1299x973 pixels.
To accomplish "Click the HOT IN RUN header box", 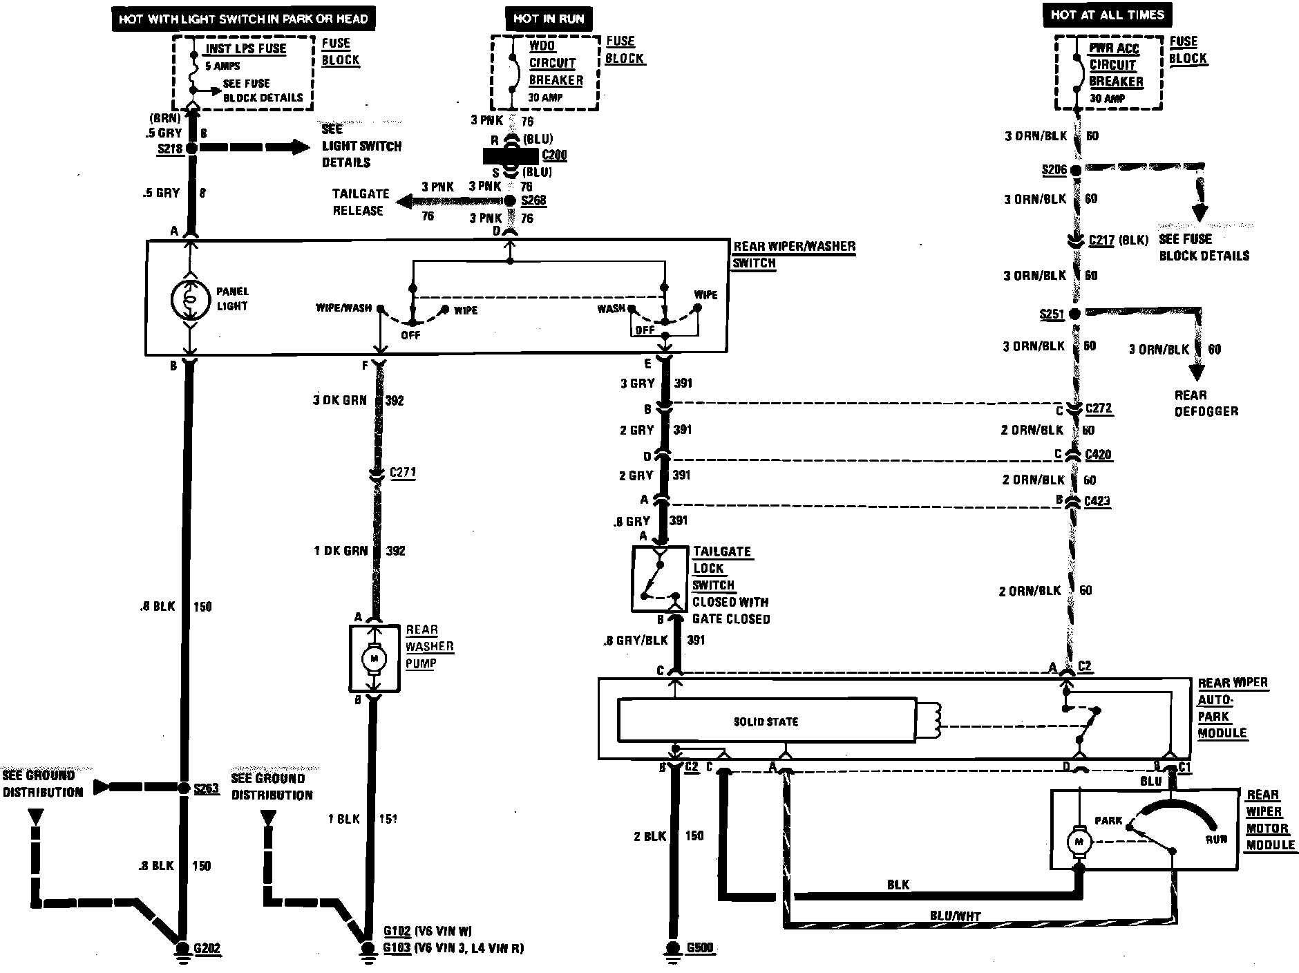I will (x=549, y=19).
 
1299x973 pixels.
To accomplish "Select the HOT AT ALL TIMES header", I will (x=1107, y=15).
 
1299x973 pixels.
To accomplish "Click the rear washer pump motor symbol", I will (x=375, y=658).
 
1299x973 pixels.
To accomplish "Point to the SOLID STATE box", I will (x=766, y=721).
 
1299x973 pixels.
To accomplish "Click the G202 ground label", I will (x=207, y=948).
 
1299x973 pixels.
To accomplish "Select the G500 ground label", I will (x=700, y=947).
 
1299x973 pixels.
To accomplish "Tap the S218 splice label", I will (x=169, y=149).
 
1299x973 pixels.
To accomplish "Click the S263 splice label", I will (x=206, y=788).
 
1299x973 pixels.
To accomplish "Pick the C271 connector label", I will (x=402, y=473).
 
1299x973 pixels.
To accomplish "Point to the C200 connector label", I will (x=554, y=155).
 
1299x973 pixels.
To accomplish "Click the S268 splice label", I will (x=533, y=200).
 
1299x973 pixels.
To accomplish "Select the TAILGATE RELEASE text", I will (x=361, y=202).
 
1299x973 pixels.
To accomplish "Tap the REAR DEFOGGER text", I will (x=1206, y=403).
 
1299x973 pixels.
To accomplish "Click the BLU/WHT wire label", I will (x=956, y=916).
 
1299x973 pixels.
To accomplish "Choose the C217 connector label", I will (x=1101, y=240).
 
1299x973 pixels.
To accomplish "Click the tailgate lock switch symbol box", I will (x=660, y=579).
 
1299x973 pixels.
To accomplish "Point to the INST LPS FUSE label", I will (x=246, y=49).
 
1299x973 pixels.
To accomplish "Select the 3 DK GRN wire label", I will (x=340, y=400).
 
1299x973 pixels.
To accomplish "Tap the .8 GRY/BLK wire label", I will (x=636, y=640).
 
